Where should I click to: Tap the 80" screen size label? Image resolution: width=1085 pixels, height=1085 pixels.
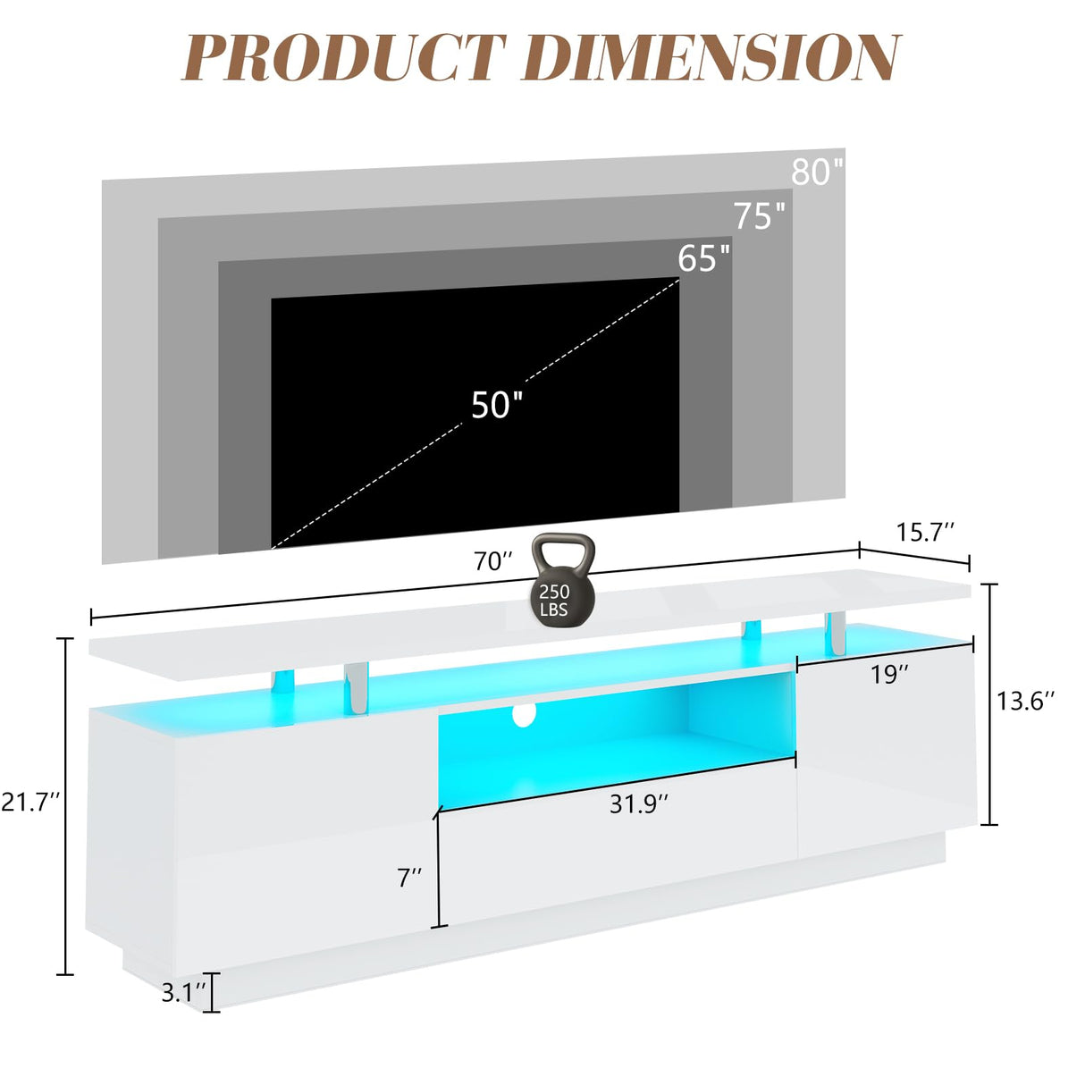[817, 172]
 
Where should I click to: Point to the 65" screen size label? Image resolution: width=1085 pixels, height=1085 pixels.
[703, 258]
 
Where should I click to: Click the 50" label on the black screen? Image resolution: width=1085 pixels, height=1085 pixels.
[497, 404]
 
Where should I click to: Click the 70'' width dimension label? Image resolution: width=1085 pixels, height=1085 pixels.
[493, 561]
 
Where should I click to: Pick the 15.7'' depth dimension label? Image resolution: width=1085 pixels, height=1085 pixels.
[925, 532]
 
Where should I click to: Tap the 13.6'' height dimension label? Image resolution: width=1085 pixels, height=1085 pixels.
[1025, 701]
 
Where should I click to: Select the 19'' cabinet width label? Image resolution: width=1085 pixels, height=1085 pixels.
[889, 674]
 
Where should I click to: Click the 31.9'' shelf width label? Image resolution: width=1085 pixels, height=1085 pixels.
[639, 804]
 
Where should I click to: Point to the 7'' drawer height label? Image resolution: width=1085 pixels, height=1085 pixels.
[409, 878]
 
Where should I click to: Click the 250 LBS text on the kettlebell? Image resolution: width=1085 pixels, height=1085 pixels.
[555, 601]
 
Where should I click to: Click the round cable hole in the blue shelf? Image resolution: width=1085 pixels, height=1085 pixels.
[525, 714]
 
